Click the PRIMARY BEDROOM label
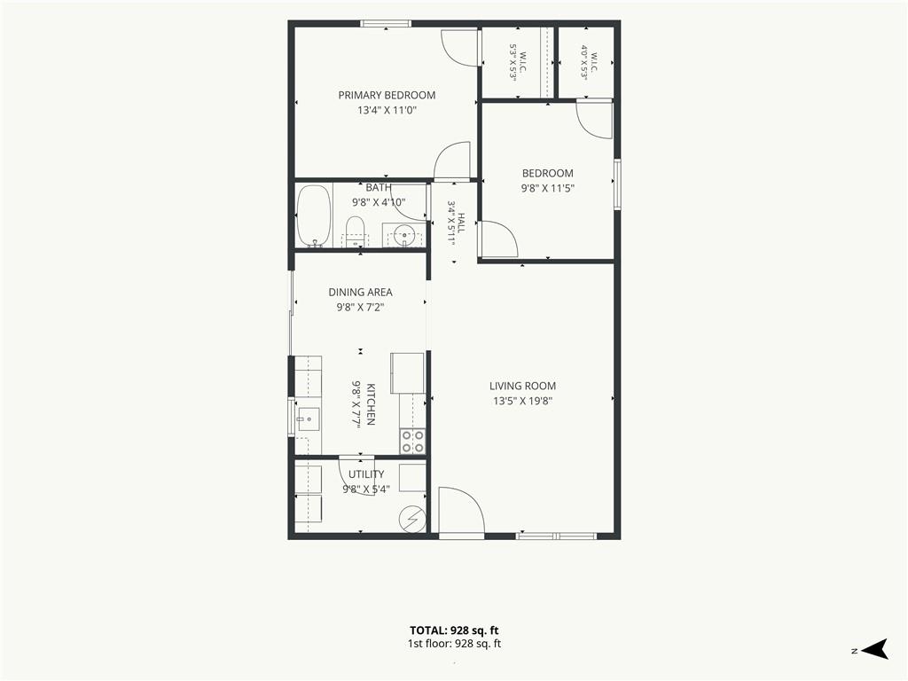tap(387, 95)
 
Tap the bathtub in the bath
tap(314, 216)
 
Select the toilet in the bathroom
tap(354, 231)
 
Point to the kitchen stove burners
tap(413, 442)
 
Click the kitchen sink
tap(308, 419)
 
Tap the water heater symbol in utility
tap(413, 518)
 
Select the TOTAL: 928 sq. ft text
tap(454, 630)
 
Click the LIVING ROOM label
tap(522, 386)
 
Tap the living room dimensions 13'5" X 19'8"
tap(522, 401)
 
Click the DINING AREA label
tap(360, 292)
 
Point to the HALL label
tap(461, 223)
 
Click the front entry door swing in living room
tap(461, 510)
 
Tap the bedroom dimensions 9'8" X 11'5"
tap(547, 188)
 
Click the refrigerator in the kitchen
tap(408, 373)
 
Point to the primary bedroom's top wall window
tap(386, 24)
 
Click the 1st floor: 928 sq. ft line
tap(454, 644)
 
